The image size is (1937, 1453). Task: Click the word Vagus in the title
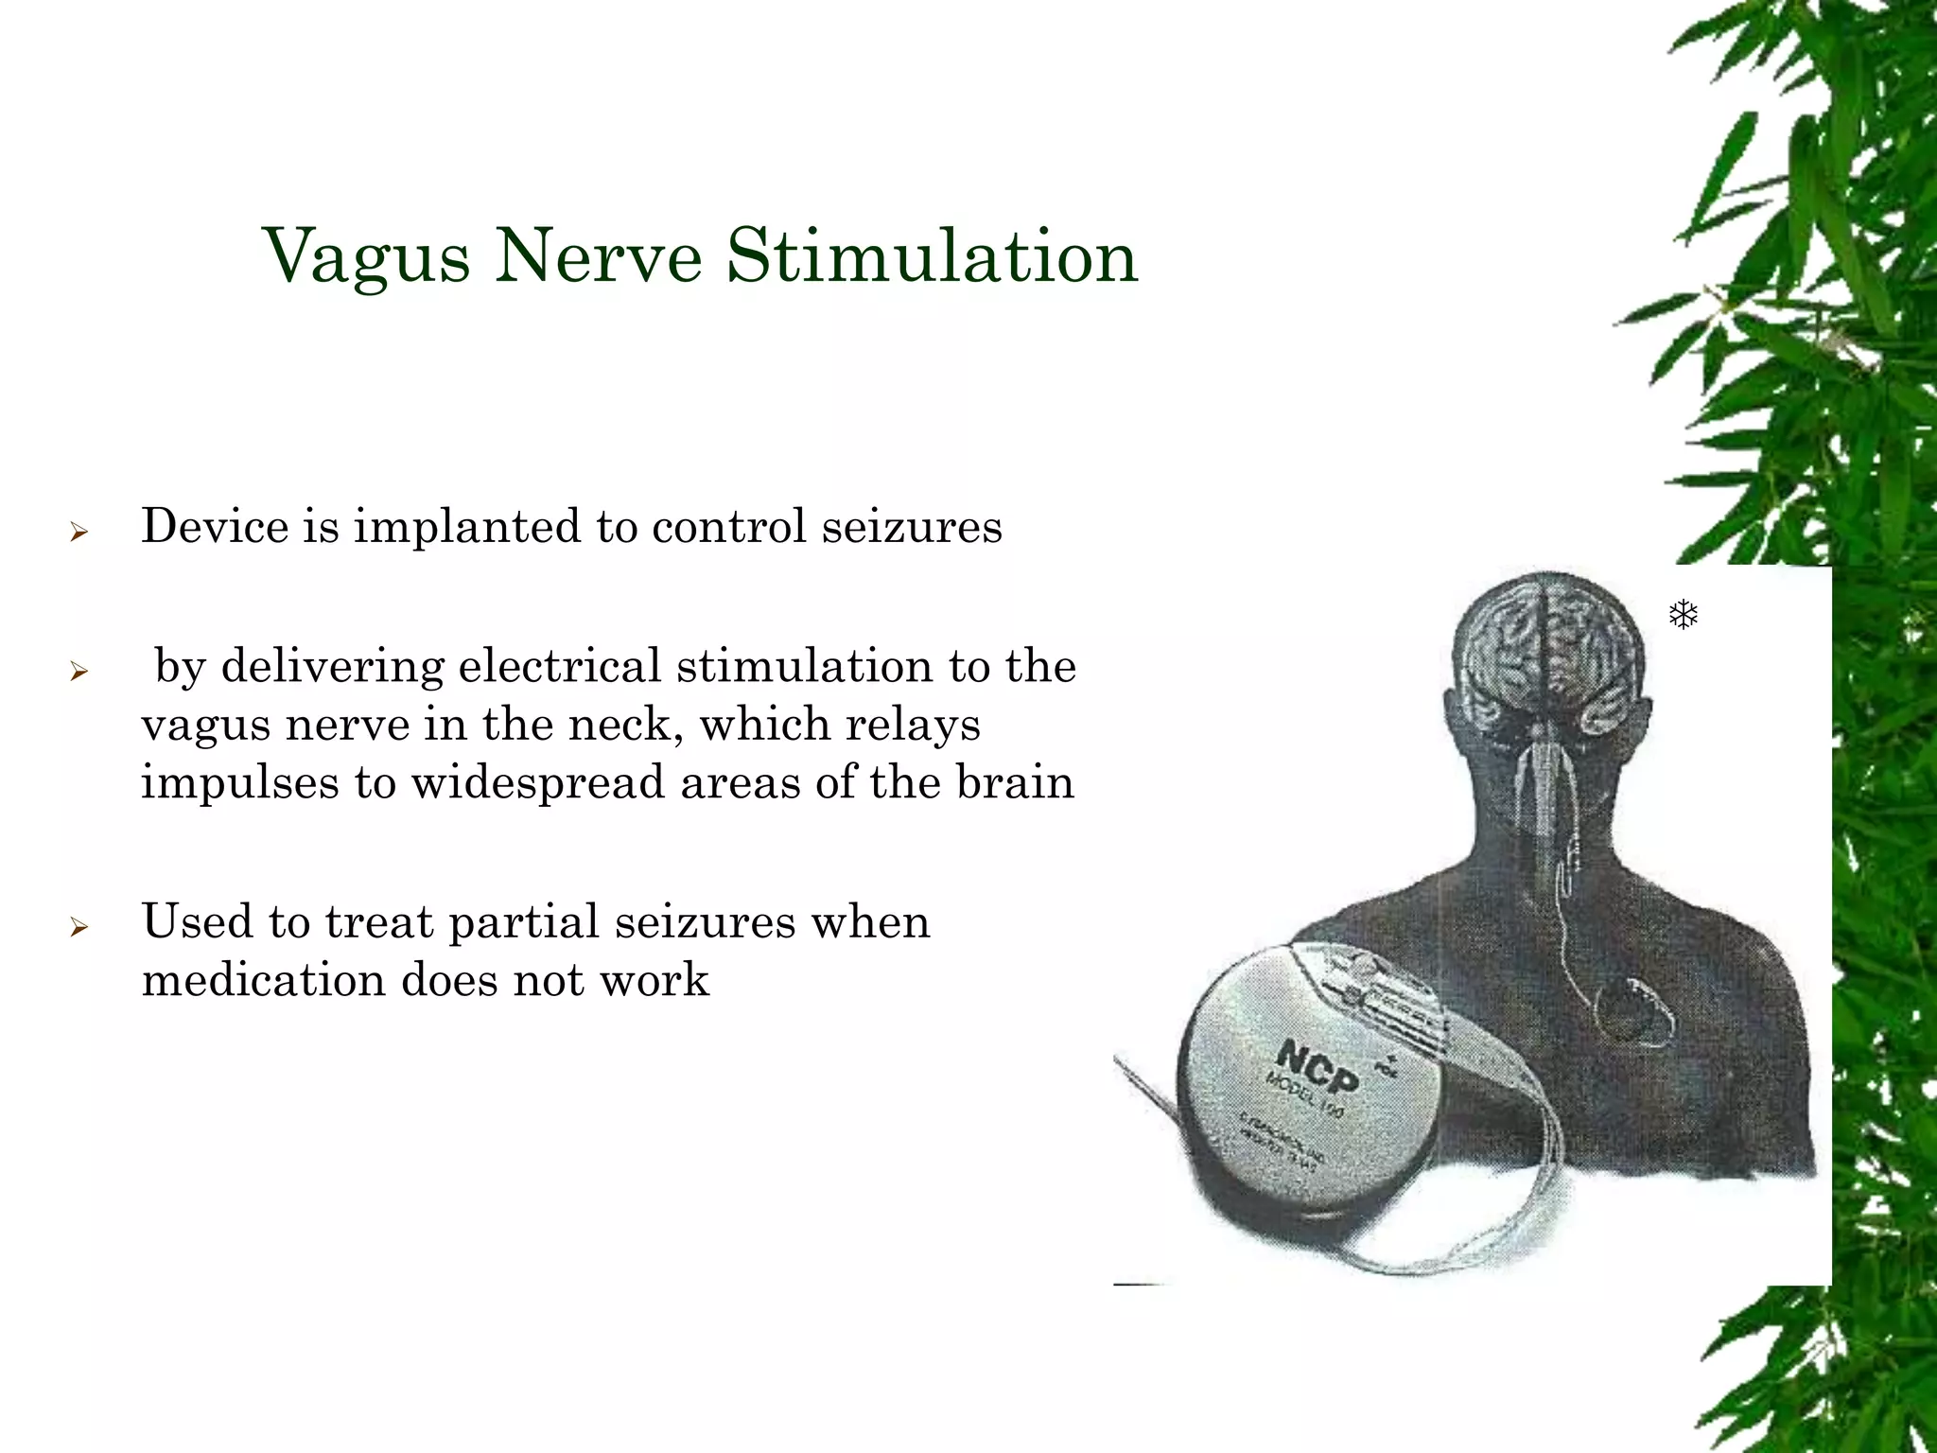tap(366, 256)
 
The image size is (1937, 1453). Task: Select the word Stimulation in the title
tap(932, 256)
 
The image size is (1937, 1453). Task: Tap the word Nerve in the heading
tap(598, 256)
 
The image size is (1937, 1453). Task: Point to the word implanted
tap(468, 528)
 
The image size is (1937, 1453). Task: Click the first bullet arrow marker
tap(79, 533)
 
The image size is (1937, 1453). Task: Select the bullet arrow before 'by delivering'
tap(79, 673)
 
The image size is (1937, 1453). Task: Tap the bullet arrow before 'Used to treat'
tap(79, 927)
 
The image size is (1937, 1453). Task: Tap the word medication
tap(263, 980)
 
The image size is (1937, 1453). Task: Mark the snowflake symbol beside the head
tap(1684, 616)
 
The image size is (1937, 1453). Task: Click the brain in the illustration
tap(1547, 653)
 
